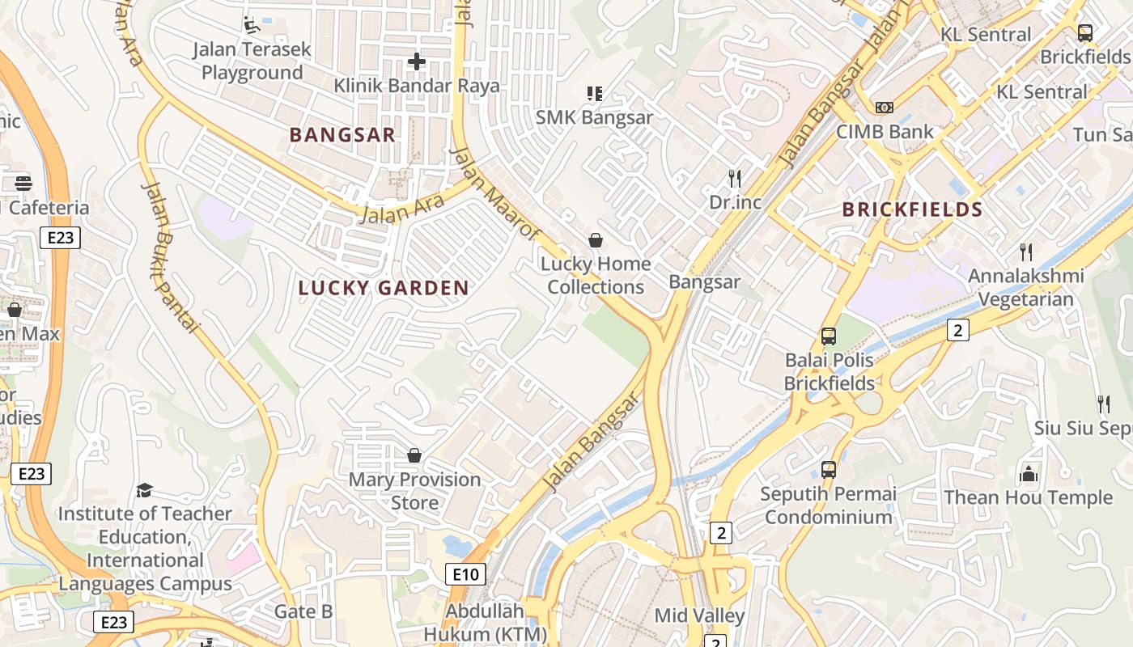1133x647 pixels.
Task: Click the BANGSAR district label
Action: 342,135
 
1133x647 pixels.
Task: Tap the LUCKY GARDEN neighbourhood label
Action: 384,288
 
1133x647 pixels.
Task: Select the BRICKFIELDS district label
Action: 912,209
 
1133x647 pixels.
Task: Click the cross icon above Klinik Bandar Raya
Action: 417,61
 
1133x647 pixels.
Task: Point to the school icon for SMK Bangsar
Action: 595,94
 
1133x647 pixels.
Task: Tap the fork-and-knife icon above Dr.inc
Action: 735,178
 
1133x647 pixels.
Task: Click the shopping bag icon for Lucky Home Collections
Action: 596,240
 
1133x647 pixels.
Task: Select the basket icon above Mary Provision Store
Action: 414,456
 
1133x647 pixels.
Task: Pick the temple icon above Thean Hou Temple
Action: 1029,474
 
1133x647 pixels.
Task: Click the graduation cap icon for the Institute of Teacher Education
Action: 145,490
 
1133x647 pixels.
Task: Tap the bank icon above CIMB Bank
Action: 885,108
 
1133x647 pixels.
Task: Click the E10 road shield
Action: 465,574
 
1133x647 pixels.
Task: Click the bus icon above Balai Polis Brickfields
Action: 829,336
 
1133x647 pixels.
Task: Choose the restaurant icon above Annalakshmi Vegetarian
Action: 1026,252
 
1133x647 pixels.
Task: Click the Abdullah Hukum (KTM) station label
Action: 486,622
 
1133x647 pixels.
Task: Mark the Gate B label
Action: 303,611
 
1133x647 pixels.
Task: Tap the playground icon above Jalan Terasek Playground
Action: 252,25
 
